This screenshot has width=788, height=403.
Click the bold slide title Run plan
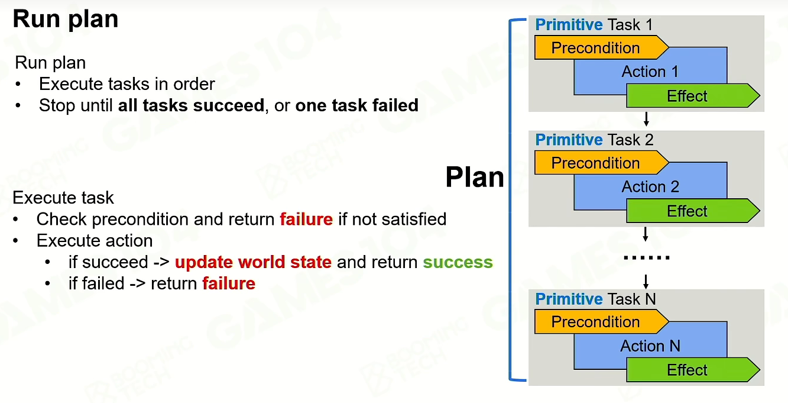pos(66,20)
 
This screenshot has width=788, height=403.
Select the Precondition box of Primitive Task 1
pos(601,47)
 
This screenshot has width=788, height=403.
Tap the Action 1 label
pos(650,72)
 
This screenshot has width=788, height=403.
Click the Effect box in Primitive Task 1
pos(693,95)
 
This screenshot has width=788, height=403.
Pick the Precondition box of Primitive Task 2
pos(601,162)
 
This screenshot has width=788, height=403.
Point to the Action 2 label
pos(650,186)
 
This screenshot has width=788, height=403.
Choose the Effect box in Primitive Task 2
pos(693,211)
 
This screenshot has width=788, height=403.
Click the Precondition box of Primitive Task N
pos(601,321)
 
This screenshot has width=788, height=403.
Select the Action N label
pos(650,346)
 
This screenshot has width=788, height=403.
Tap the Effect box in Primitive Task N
pos(693,369)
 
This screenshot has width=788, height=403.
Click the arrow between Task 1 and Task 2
pos(646,119)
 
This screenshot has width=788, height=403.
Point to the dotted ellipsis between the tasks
pos(647,258)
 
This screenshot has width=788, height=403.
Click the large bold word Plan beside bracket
pos(475,177)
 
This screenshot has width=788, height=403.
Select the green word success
pos(458,262)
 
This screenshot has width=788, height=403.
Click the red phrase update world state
pos(253,262)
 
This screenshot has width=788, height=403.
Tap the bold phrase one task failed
pos(356,105)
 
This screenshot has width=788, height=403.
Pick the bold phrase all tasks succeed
pos(191,105)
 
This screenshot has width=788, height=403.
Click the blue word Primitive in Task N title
pos(569,299)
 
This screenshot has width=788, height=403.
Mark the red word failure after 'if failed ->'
pos(229,283)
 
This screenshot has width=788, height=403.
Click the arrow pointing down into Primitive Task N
pos(646,282)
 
